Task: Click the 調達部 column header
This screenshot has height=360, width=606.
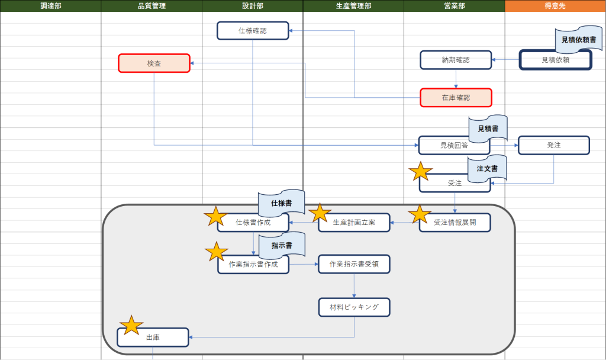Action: point(50,6)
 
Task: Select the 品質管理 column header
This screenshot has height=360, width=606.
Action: point(151,6)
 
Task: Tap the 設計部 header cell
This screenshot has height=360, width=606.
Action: point(252,6)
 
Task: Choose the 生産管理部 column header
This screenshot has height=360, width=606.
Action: point(353,6)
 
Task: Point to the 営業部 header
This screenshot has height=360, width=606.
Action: point(454,6)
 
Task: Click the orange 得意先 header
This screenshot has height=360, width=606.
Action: point(555,6)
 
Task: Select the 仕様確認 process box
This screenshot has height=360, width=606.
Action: point(253,31)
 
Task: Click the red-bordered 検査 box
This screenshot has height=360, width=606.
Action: point(154,63)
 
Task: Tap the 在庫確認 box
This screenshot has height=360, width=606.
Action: point(456,98)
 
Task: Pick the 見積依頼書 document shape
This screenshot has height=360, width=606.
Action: point(578,40)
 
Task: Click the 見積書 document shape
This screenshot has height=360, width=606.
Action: point(488,128)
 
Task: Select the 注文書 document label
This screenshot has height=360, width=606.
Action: point(487,169)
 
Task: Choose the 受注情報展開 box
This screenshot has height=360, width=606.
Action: point(454,222)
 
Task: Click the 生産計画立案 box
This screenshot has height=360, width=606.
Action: point(354,222)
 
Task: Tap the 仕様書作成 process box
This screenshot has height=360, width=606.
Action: point(253,223)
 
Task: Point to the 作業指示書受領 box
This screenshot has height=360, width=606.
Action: point(354,264)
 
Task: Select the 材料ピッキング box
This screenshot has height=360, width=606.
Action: point(354,307)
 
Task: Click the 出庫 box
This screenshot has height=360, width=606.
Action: point(153,337)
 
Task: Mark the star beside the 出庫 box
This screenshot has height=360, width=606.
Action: point(131,325)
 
